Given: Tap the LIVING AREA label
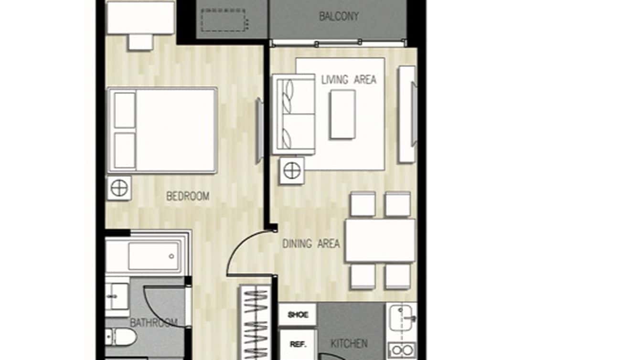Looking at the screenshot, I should (x=349, y=80).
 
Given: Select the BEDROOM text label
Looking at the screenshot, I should (x=188, y=196).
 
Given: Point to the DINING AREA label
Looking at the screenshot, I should (x=311, y=244).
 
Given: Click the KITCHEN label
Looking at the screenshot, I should (x=349, y=344).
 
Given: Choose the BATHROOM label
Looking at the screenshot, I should (x=154, y=323).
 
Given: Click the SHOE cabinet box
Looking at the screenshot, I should (x=298, y=315).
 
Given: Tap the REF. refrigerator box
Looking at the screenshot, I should (x=298, y=344).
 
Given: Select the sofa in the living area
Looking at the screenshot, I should (x=294, y=114).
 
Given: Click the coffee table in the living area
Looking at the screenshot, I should (x=342, y=115).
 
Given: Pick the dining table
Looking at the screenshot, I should (x=380, y=241).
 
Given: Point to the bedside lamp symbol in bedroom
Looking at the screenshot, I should (x=119, y=188).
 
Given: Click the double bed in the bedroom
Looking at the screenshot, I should (x=163, y=130).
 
